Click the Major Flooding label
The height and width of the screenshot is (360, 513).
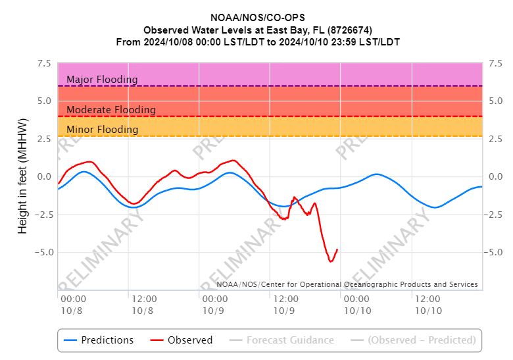102,80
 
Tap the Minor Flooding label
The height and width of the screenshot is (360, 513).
103,130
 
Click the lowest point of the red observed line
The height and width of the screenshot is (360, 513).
331,261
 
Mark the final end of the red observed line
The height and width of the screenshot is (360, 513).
337,249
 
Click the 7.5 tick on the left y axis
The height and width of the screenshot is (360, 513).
44,64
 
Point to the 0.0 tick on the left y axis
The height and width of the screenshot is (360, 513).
44,176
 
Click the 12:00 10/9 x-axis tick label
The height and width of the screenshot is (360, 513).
284,304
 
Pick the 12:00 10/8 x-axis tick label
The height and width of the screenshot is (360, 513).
142,304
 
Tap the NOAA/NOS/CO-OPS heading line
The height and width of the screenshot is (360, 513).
257,18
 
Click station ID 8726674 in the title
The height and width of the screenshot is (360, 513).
351,30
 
